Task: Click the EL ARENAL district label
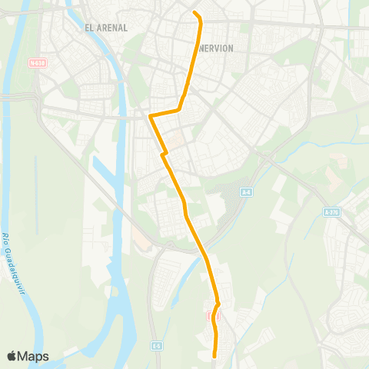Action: point(107,28)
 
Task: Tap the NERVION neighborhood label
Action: point(216,47)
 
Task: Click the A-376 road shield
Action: point(331,211)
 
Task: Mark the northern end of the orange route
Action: point(194,12)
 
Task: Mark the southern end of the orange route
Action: point(214,356)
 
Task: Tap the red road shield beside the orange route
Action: point(214,315)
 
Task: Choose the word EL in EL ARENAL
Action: point(90,28)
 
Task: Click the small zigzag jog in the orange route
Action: point(163,155)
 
